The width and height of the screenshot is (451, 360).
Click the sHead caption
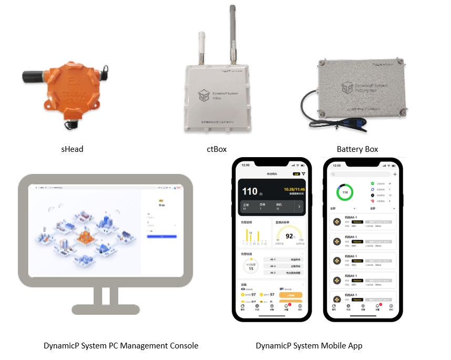click(x=72, y=149)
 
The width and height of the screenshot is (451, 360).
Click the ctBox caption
click(x=217, y=149)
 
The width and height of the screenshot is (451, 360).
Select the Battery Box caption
click(x=357, y=149)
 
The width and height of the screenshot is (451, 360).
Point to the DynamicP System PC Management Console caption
click(x=121, y=345)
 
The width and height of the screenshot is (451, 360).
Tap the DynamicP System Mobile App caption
click(x=309, y=345)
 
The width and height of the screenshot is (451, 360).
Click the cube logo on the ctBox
click(x=203, y=95)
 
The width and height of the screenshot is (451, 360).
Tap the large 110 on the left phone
click(x=250, y=191)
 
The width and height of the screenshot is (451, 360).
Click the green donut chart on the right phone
click(x=345, y=192)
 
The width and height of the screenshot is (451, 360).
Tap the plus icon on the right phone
click(x=395, y=174)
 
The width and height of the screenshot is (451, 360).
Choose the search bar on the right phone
click(x=361, y=174)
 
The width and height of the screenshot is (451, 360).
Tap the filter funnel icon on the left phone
click(x=303, y=173)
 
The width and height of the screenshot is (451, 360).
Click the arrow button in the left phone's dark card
click(x=299, y=207)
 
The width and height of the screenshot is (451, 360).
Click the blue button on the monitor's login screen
click(x=162, y=237)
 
